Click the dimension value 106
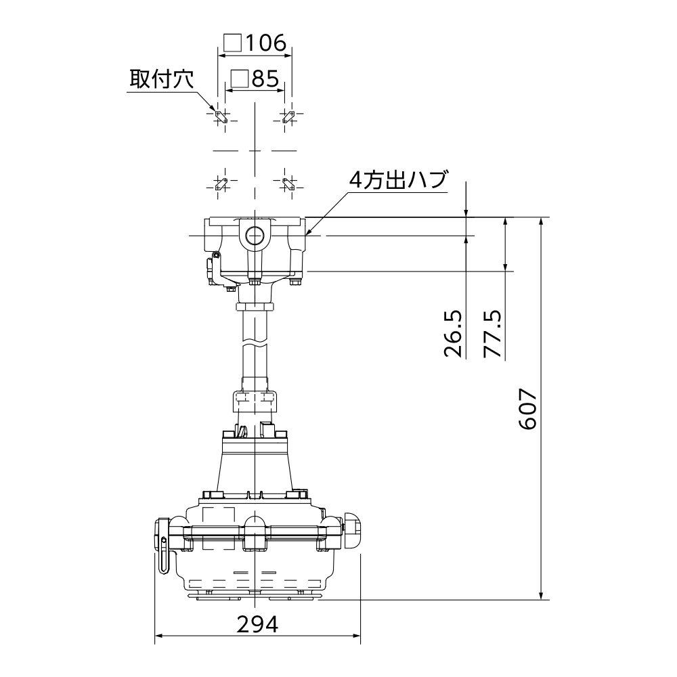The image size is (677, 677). point(265,43)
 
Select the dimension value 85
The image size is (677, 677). point(265,79)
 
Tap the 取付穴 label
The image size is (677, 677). point(162,79)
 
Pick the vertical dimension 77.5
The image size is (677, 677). point(492,333)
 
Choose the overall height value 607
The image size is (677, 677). point(527,409)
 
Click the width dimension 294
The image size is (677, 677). point(257,624)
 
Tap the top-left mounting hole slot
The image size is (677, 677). point(221,117)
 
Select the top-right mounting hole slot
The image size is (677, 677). point(288,117)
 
